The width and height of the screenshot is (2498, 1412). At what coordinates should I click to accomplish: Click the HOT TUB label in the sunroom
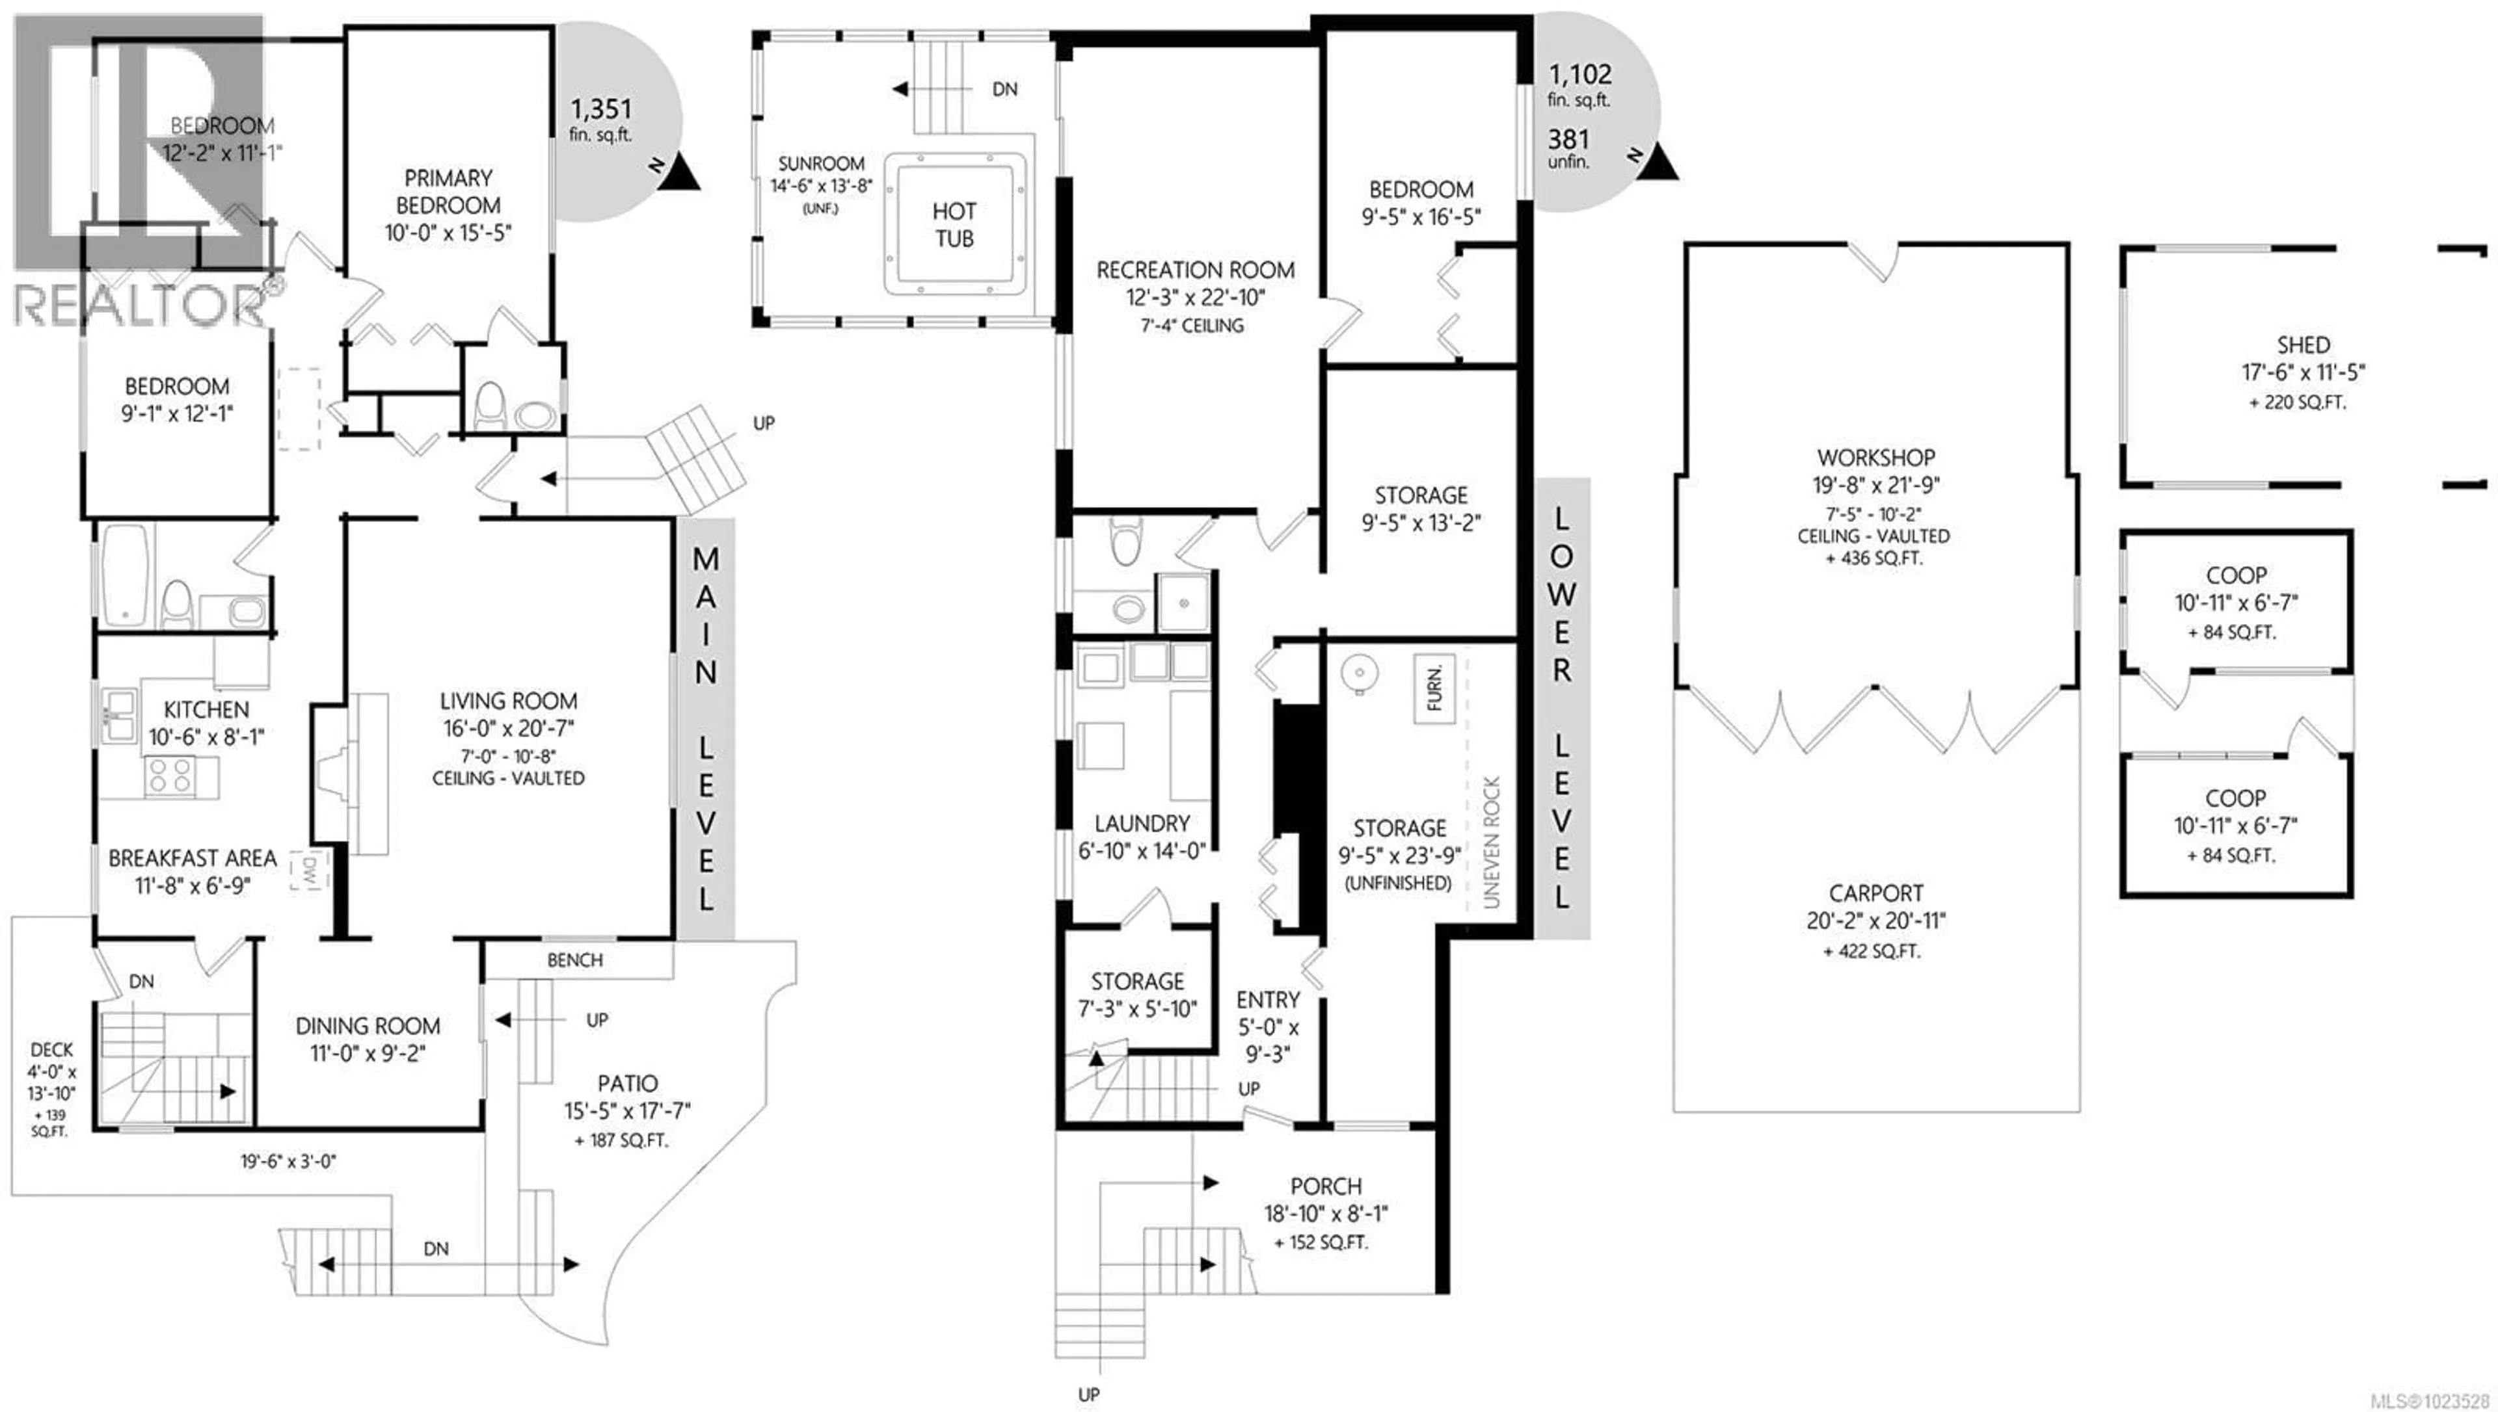tap(954, 225)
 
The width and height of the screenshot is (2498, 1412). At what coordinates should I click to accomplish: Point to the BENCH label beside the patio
tap(574, 960)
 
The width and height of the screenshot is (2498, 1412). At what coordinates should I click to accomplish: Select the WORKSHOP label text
tap(1875, 458)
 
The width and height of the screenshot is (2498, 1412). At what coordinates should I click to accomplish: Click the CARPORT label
tap(1875, 893)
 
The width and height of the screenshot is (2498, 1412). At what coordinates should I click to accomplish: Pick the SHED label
tap(2303, 345)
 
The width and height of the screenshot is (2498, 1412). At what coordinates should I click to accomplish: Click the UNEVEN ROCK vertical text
tap(1491, 842)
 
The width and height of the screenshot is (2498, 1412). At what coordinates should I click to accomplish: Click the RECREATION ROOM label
tap(1194, 270)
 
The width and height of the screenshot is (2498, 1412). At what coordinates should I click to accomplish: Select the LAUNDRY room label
tap(1142, 824)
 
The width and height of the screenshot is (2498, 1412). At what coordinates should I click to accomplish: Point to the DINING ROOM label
tap(367, 1026)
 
